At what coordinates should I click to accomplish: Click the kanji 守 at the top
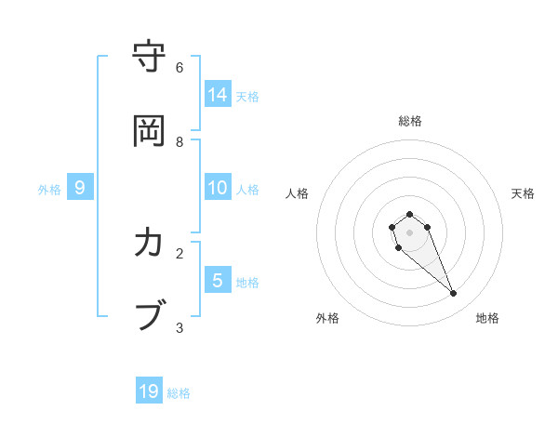(x=150, y=58)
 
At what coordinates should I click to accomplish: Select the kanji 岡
(x=150, y=131)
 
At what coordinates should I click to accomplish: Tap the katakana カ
(x=150, y=244)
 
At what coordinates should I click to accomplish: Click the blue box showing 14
(x=218, y=94)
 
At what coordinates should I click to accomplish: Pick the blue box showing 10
(x=218, y=188)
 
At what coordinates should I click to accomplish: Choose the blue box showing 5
(x=218, y=280)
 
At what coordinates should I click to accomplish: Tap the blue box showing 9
(x=80, y=188)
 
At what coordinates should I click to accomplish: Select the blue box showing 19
(x=149, y=391)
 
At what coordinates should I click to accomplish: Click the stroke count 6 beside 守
(x=179, y=67)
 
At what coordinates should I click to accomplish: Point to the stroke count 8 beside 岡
(x=179, y=141)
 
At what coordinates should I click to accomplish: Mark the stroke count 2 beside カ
(x=179, y=253)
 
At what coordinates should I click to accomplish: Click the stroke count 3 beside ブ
(x=179, y=327)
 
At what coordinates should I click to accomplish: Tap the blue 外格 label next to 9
(x=49, y=190)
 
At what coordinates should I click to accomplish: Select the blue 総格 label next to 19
(x=179, y=393)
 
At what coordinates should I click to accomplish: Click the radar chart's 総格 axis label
(x=410, y=121)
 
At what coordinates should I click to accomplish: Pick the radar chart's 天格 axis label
(x=523, y=193)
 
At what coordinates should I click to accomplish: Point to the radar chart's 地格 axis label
(x=487, y=318)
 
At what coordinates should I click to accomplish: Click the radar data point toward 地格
(x=454, y=294)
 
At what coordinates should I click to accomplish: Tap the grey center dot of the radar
(x=409, y=232)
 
